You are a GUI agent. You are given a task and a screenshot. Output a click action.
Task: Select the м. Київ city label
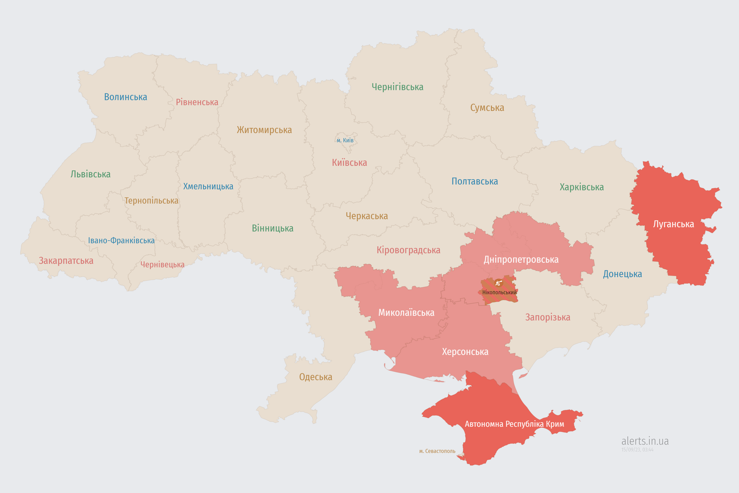(x=345, y=140)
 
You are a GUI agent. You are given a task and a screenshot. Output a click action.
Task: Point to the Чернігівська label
(x=397, y=87)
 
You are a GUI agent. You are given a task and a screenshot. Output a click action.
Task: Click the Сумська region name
(x=487, y=107)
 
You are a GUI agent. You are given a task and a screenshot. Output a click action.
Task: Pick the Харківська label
(x=582, y=187)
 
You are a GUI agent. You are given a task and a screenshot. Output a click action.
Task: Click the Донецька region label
(x=622, y=274)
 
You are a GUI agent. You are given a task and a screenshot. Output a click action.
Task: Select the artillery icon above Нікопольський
(x=498, y=283)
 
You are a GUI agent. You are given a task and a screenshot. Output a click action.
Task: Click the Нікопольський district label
(x=499, y=292)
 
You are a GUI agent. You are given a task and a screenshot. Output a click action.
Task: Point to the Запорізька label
(x=548, y=317)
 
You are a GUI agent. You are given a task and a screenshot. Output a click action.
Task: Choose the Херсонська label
(x=465, y=351)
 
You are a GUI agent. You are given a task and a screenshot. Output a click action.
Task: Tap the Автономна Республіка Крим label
(x=514, y=424)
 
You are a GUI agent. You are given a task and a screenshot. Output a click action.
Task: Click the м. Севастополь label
(x=437, y=451)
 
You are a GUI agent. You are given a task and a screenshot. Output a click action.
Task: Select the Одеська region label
(x=315, y=377)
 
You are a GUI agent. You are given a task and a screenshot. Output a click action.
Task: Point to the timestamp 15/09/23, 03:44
(x=637, y=450)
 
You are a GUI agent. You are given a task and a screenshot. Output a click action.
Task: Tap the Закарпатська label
(x=66, y=261)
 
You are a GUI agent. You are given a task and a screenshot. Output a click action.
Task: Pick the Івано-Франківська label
(x=121, y=241)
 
